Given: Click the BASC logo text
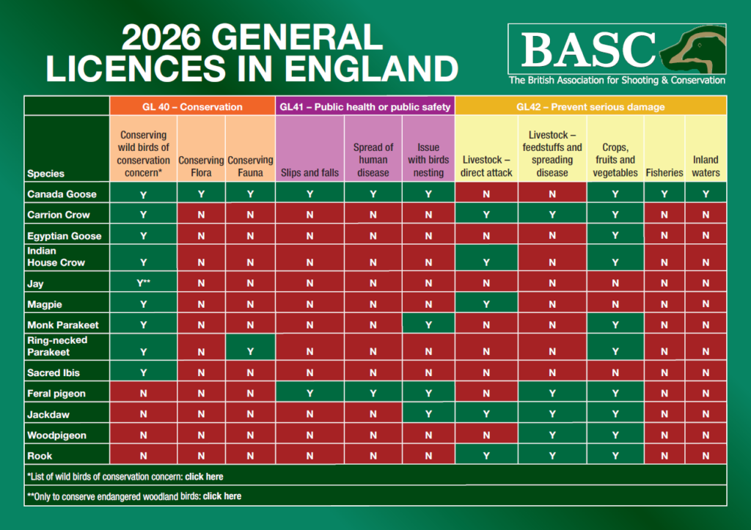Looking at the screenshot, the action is [588, 49].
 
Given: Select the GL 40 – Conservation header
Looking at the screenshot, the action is [192, 106].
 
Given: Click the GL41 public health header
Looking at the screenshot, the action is [365, 106].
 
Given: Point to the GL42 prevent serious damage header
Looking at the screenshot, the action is [590, 106].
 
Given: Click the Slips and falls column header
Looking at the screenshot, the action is [309, 172].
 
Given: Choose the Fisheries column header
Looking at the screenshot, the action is [664, 172].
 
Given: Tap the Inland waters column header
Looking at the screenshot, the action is [706, 166].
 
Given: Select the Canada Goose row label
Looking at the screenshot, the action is [62, 194].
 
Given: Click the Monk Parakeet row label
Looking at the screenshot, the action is [63, 325].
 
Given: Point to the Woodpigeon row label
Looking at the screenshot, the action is [56, 435].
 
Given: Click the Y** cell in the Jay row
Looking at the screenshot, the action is [143, 283].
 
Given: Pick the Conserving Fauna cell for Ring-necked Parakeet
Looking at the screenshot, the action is [250, 351].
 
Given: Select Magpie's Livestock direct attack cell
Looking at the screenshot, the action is [486, 304].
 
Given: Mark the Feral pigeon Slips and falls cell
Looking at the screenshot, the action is [309, 393].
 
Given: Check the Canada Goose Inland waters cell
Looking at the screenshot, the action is [706, 194].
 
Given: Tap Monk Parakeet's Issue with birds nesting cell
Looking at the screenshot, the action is [428, 325].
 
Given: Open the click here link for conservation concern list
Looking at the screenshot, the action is [204, 476].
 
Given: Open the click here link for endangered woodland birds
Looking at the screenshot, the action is [221, 496].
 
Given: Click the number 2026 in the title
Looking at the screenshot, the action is [161, 37].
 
